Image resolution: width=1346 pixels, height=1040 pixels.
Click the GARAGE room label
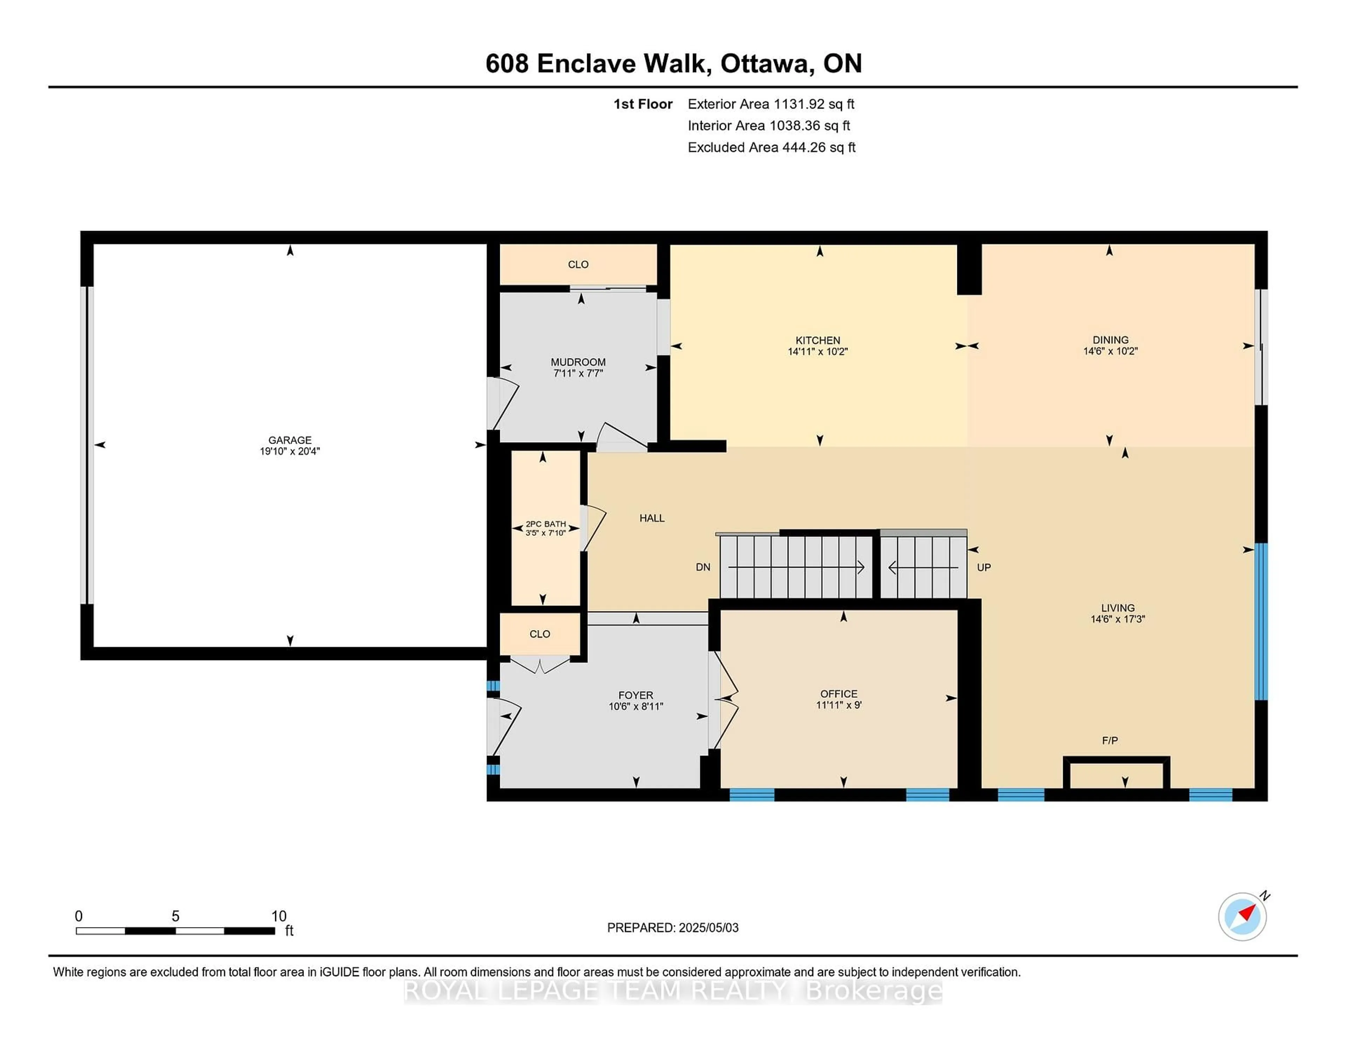point(290,440)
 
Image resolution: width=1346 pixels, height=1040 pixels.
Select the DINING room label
point(1110,340)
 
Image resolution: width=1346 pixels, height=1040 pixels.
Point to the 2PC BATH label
point(545,524)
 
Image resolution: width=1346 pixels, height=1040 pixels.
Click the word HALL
point(651,518)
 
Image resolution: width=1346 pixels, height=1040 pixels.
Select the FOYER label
point(635,695)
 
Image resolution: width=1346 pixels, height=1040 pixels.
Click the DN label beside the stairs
point(702,567)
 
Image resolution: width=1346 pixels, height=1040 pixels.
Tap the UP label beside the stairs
point(984,567)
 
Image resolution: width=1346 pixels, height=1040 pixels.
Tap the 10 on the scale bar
point(279,916)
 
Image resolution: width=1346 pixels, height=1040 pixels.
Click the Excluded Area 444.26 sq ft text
point(771,147)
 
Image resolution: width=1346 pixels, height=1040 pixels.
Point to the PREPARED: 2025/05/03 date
point(672,928)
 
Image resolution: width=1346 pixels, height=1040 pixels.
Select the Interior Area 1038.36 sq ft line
point(769,126)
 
